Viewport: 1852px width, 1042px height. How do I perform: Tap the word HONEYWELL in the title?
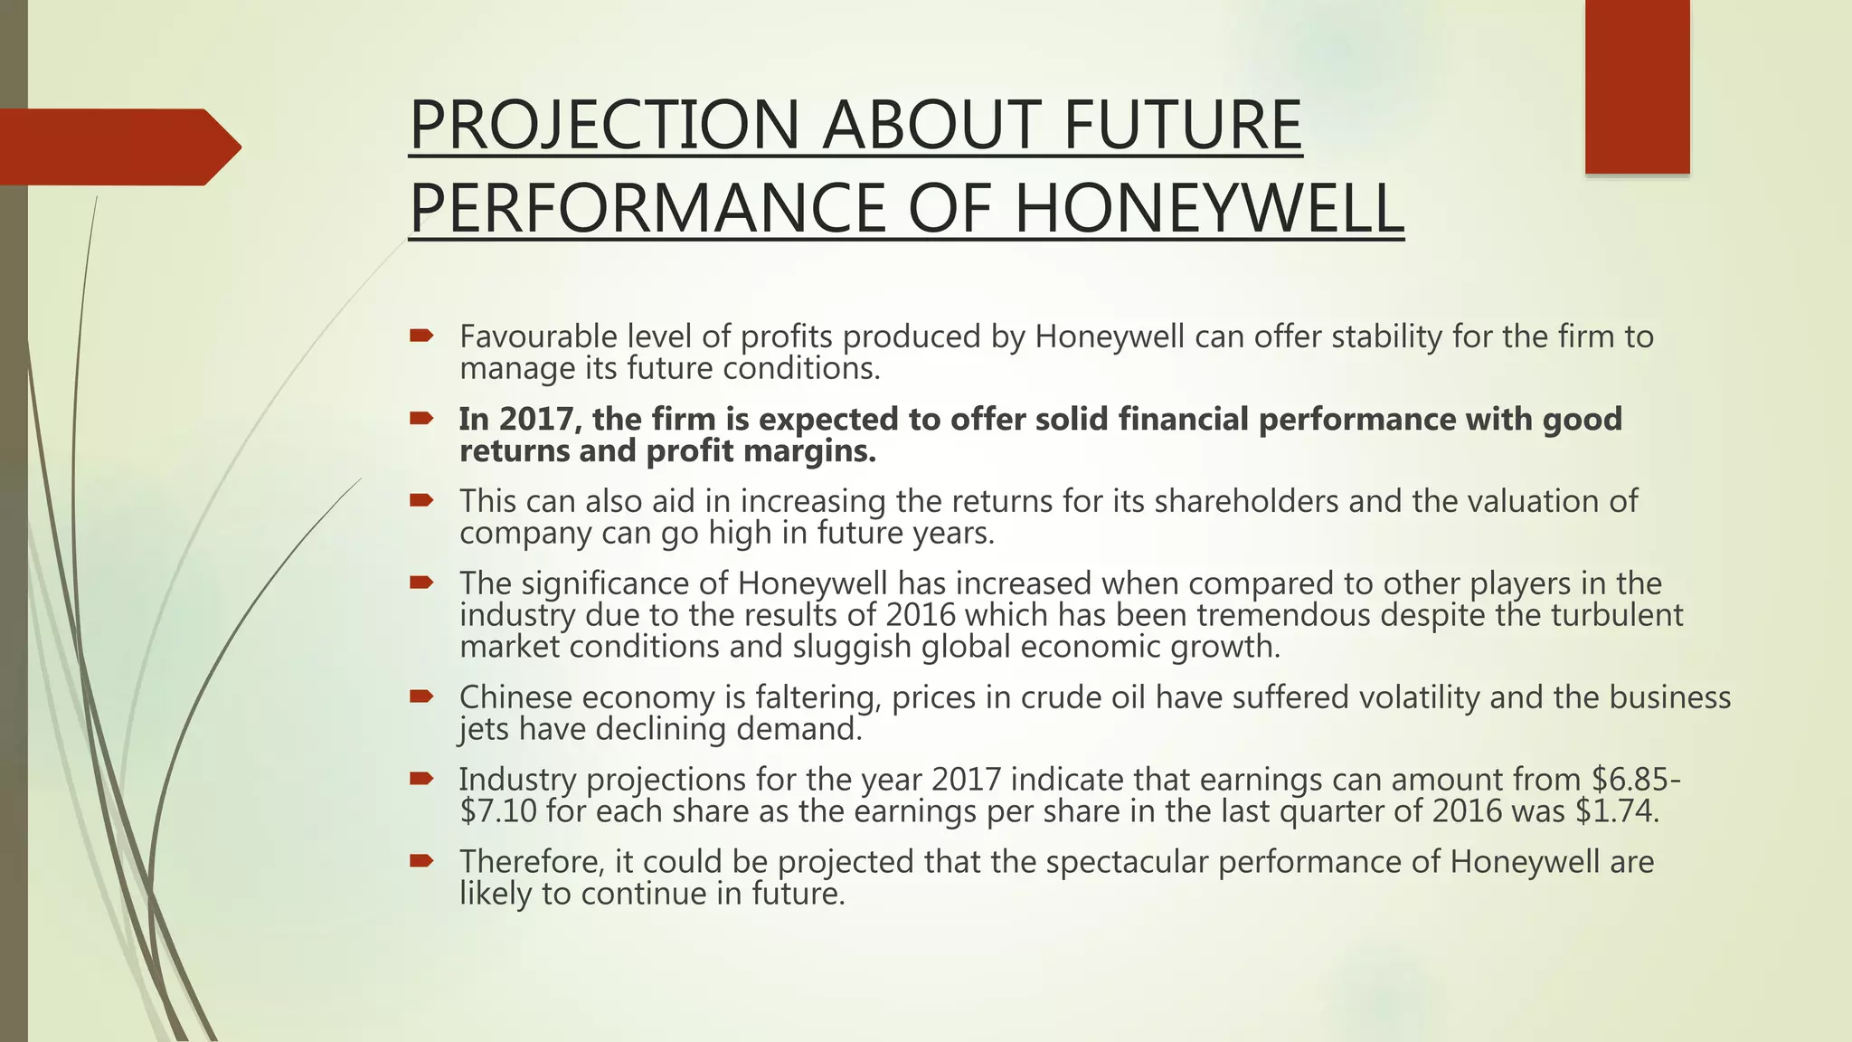1209,209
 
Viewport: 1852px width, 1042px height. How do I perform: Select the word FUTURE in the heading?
1182,125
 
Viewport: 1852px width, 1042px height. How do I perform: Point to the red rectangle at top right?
1637,86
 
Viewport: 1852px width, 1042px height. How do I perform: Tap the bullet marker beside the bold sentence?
421,419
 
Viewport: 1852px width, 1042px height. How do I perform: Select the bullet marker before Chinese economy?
421,696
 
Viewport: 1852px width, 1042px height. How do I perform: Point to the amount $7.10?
498,811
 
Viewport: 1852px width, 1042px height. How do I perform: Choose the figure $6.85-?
1637,780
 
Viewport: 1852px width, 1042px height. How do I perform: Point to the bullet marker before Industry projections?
421,779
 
